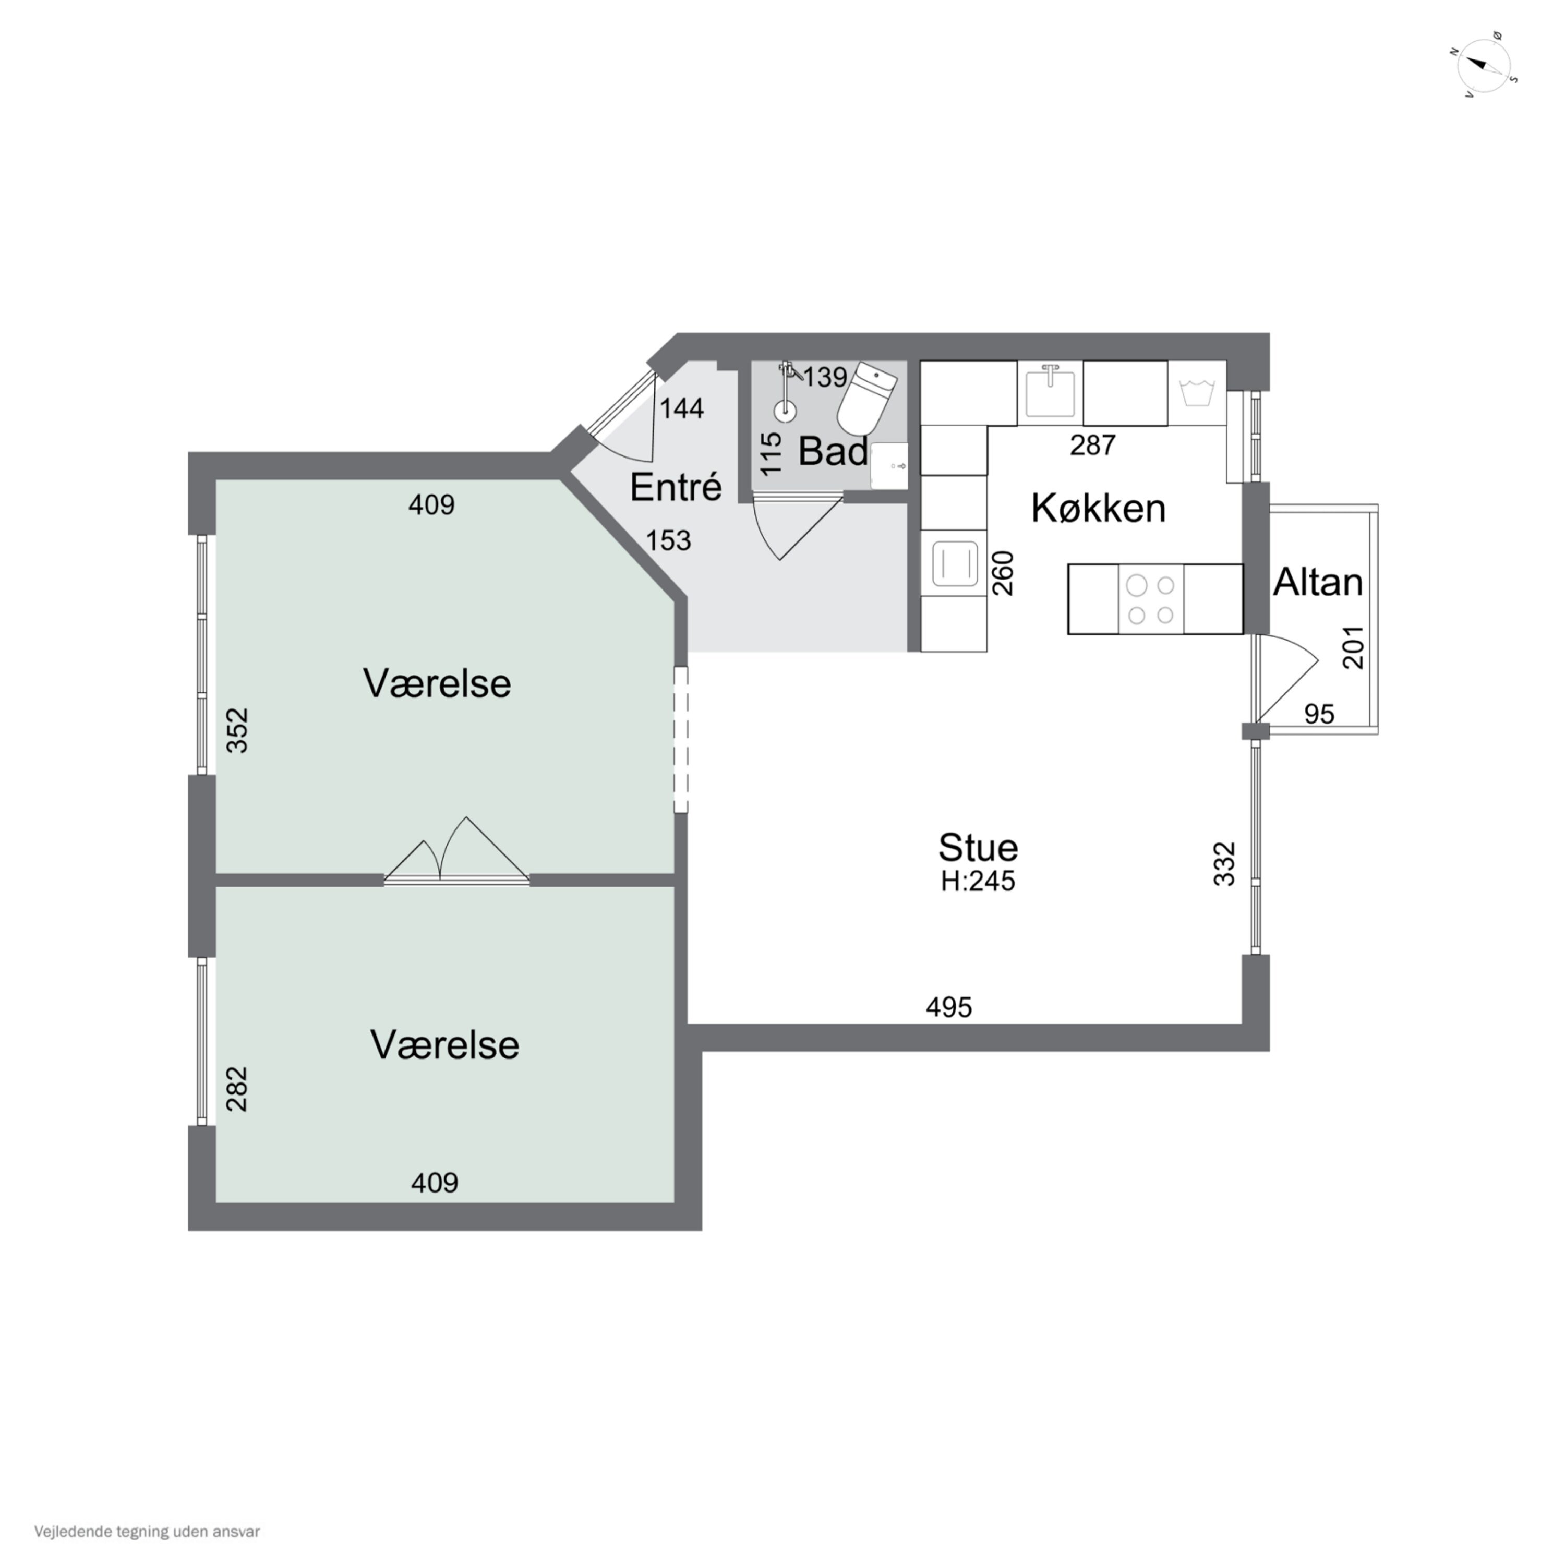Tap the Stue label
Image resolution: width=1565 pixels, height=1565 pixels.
coord(978,847)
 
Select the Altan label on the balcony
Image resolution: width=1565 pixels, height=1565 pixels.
coord(1317,582)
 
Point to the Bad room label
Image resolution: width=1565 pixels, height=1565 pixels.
coord(833,451)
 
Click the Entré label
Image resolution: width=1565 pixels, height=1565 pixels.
coord(676,486)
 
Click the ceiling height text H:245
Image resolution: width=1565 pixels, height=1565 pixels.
coord(978,881)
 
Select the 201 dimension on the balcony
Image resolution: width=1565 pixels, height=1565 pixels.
coord(1354,647)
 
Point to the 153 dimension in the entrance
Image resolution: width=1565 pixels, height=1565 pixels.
coord(668,540)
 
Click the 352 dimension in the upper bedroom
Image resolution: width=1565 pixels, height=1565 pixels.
coord(236,731)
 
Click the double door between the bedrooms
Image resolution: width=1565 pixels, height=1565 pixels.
coord(456,850)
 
